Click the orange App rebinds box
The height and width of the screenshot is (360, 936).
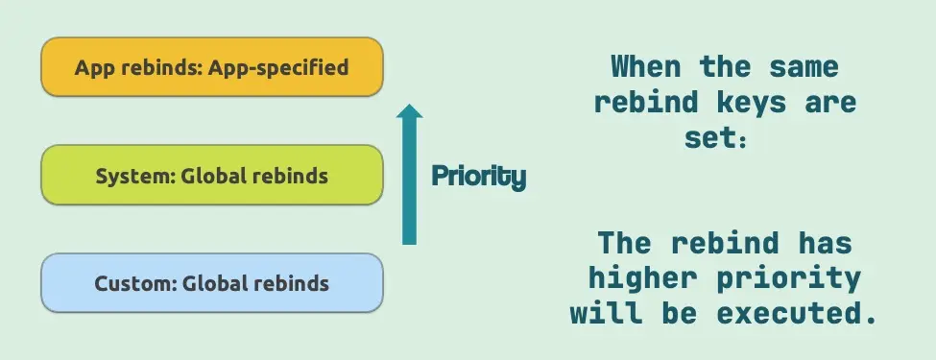click(x=212, y=67)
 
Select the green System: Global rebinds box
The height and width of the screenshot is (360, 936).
click(x=212, y=176)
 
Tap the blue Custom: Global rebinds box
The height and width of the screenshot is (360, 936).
click(x=212, y=282)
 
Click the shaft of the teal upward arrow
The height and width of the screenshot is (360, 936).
click(x=409, y=180)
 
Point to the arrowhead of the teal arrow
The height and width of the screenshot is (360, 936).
click(x=409, y=110)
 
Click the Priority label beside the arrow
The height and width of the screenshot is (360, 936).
click(x=479, y=177)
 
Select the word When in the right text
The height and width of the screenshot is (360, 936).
click(x=646, y=66)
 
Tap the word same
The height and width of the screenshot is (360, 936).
click(x=804, y=66)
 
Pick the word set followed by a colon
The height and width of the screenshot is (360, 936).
click(x=716, y=138)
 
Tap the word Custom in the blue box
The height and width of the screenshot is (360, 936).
click(x=135, y=282)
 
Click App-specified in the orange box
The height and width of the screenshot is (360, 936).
click(x=278, y=67)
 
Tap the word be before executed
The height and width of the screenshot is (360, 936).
click(x=680, y=313)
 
